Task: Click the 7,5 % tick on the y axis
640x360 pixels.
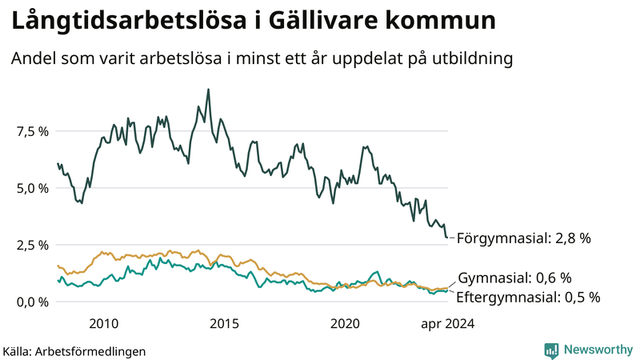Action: tap(31, 131)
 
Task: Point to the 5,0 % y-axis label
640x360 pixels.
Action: tap(31, 188)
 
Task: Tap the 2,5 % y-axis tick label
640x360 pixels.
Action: tap(31, 245)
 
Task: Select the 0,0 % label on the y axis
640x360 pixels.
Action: tap(31, 302)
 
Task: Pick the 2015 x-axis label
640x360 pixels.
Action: tap(225, 323)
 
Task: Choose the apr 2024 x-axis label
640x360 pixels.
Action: tap(448, 323)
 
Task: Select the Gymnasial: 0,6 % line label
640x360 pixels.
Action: tap(514, 278)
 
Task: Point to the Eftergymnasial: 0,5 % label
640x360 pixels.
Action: tap(528, 297)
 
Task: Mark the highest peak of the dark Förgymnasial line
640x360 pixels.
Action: tap(209, 90)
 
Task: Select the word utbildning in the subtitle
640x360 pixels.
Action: tap(467, 58)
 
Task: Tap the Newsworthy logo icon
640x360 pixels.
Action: tap(551, 350)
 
